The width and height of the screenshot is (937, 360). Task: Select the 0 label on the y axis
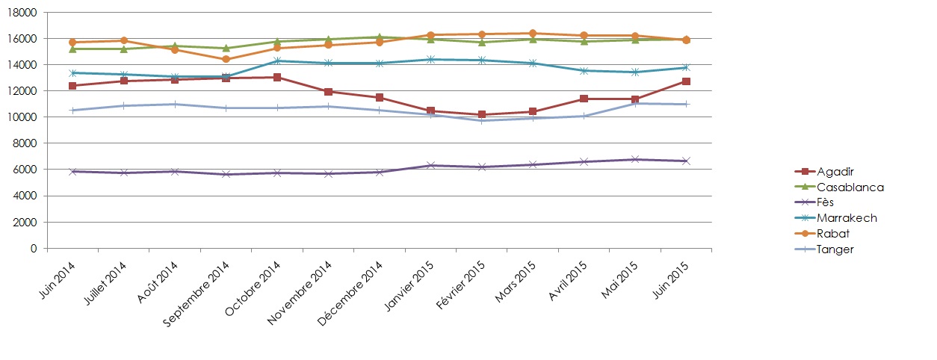point(34,248)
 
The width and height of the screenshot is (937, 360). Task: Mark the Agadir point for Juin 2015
point(685,81)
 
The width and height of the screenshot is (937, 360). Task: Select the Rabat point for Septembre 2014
point(226,59)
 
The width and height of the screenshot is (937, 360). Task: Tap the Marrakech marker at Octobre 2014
point(276,60)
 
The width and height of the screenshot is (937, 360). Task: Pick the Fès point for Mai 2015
point(634,159)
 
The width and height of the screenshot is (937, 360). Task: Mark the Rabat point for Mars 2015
point(532,33)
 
